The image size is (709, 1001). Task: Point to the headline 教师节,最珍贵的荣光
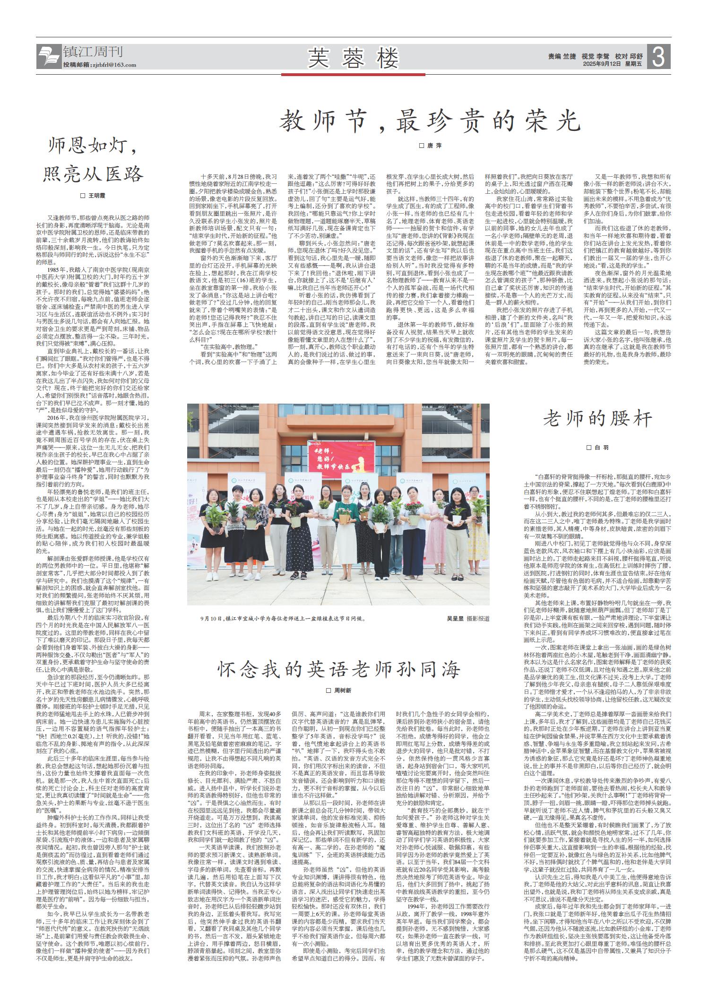tap(429, 121)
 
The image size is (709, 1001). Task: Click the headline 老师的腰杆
tap(597, 418)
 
